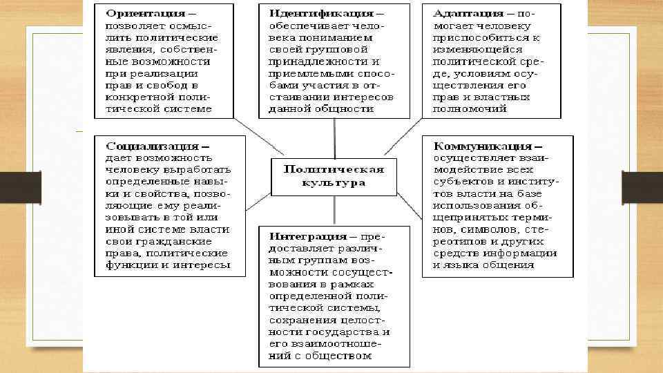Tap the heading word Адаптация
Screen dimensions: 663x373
pyautogui.click(x=468, y=13)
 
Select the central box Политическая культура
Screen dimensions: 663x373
pyautogui.click(x=334, y=176)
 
